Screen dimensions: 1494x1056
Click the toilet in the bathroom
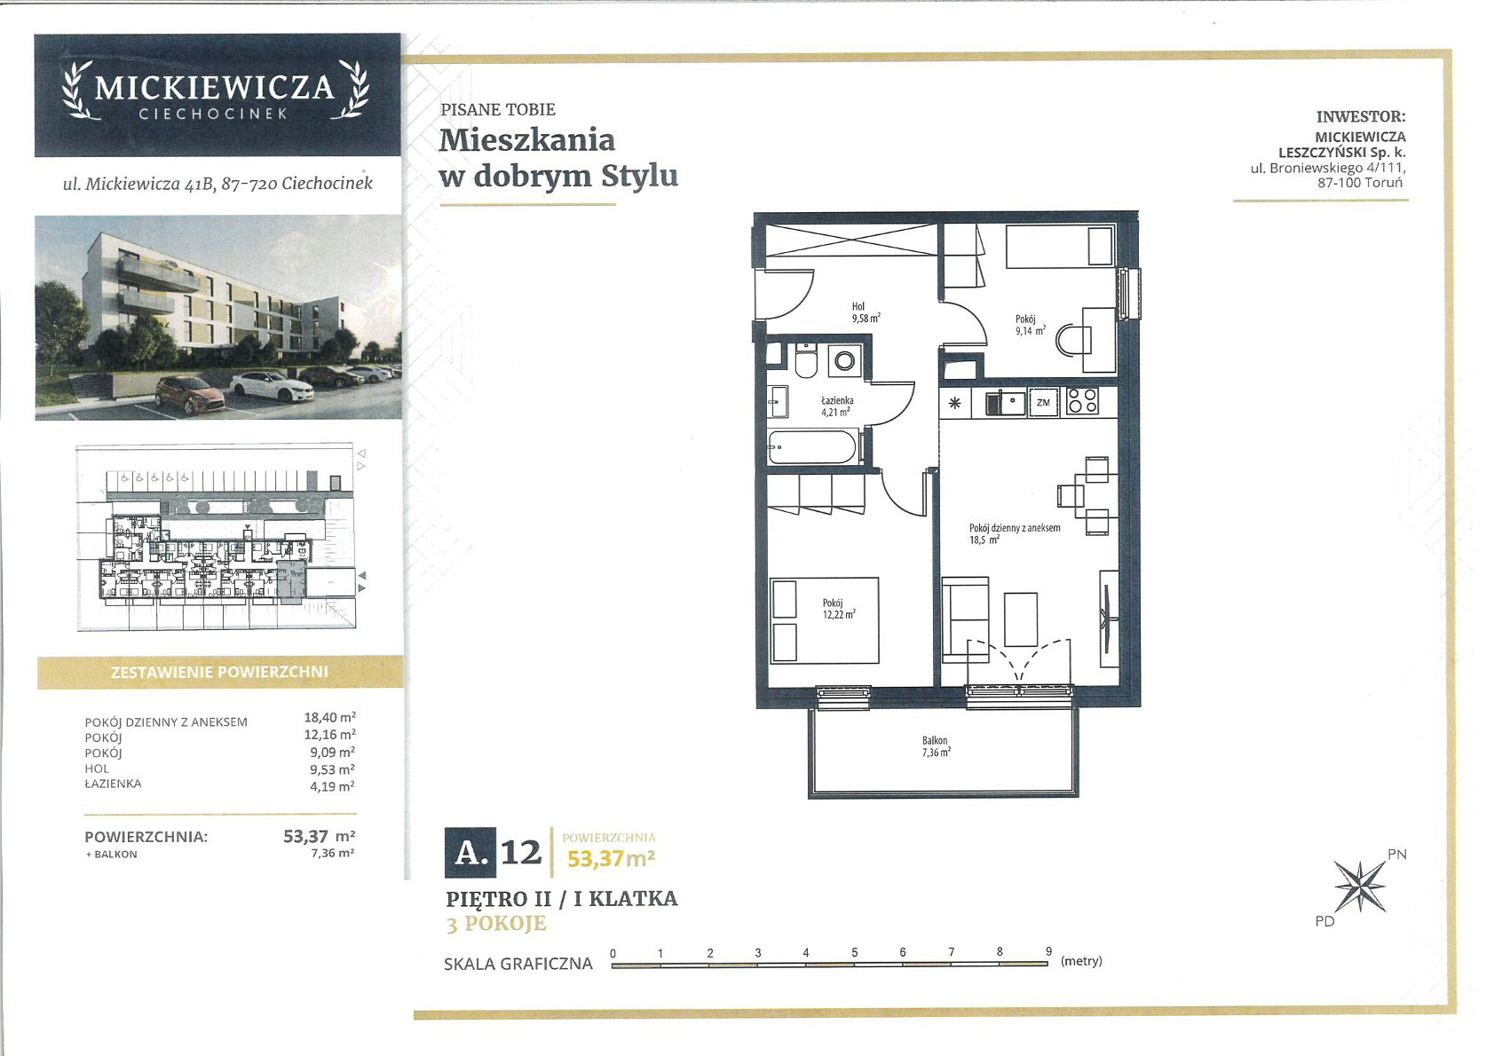(806, 360)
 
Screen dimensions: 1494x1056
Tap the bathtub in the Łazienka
(811, 446)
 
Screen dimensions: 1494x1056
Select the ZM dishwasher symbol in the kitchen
(1043, 403)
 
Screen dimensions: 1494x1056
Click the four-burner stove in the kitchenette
(1082, 401)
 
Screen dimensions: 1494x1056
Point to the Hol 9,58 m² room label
(866, 312)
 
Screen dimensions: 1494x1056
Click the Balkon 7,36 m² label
(936, 746)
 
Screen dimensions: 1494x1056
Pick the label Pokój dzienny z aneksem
(1015, 528)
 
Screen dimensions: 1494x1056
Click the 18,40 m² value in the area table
(329, 717)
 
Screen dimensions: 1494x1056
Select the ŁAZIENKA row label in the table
(113, 784)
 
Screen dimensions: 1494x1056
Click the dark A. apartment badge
(470, 853)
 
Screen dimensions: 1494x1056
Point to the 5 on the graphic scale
(854, 953)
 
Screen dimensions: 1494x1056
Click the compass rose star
(1360, 887)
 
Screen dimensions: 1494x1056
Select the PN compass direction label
(1396, 855)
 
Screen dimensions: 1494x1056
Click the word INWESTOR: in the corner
(1361, 116)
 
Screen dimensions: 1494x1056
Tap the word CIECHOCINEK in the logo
(213, 114)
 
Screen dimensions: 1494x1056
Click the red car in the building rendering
(190, 394)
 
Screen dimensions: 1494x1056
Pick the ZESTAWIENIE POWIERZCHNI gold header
(220, 672)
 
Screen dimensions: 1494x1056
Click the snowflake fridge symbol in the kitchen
(955, 403)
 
